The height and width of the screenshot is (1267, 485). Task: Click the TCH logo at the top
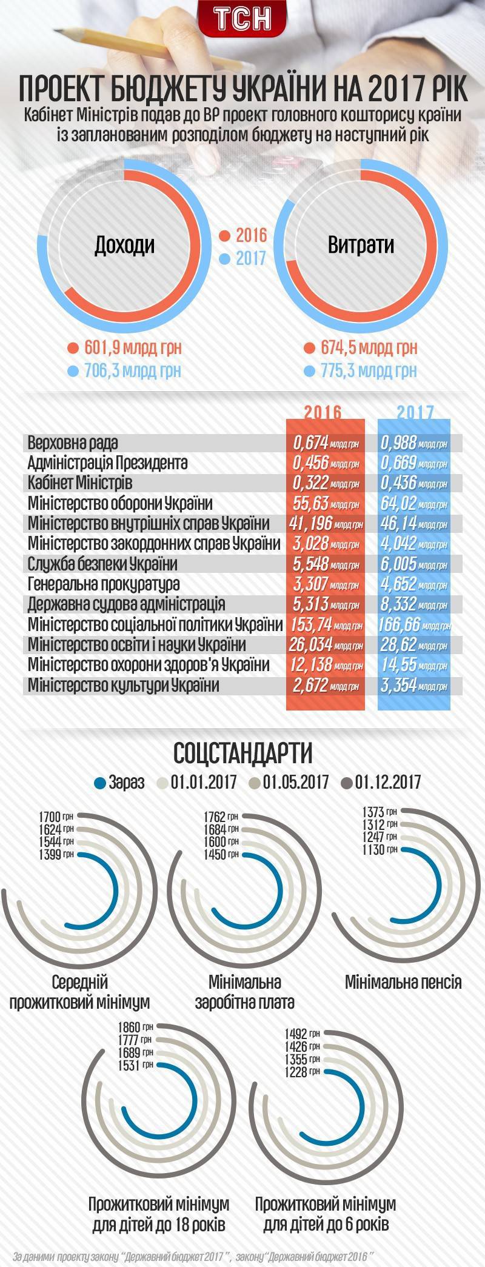[x=242, y=19]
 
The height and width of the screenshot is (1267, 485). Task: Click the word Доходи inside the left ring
[x=124, y=245]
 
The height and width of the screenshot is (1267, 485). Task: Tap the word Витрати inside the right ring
[x=361, y=245]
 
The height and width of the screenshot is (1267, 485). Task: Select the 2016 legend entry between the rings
[x=243, y=236]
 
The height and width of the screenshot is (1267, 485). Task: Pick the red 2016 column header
[x=323, y=412]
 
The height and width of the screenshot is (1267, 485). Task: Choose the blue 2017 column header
[x=415, y=412]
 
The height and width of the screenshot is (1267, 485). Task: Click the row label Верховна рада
[x=73, y=443]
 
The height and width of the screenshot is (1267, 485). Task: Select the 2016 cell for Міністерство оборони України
[x=325, y=504]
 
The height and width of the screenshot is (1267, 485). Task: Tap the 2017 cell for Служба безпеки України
[x=415, y=564]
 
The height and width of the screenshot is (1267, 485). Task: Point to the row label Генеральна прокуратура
[x=104, y=584]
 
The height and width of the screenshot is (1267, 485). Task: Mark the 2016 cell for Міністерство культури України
[x=325, y=686]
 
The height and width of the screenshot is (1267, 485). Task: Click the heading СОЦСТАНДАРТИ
[x=242, y=754]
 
